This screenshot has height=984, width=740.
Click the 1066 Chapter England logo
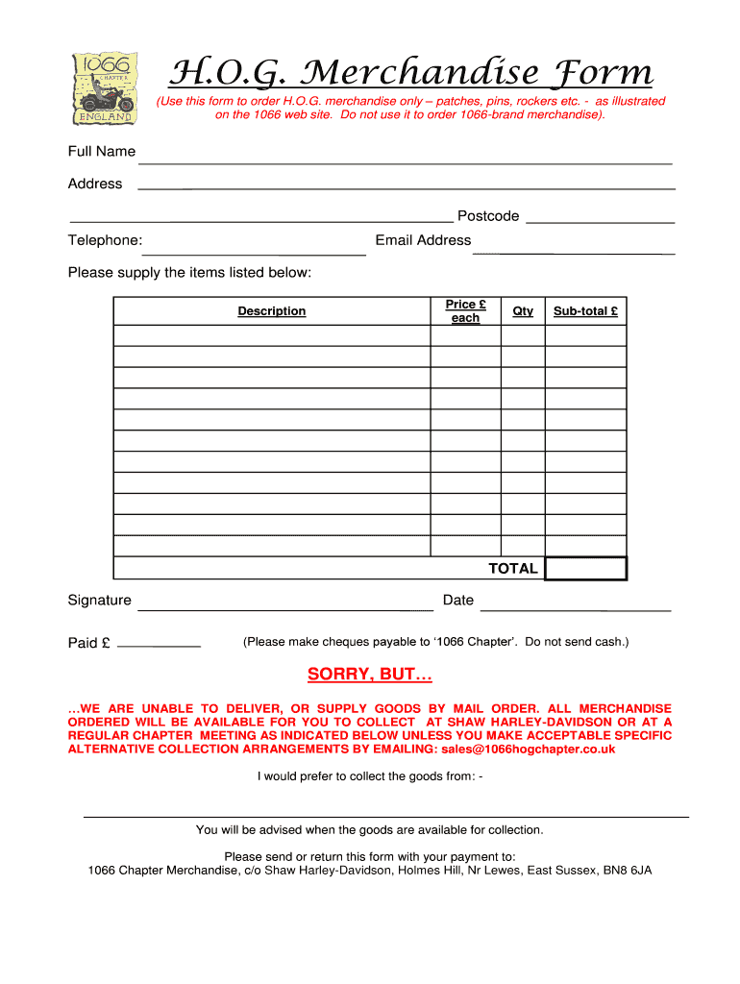106,87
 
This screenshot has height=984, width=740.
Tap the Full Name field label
101,152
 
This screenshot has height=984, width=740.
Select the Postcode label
488,216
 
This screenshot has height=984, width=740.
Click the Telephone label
105,240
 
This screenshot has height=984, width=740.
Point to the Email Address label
423,240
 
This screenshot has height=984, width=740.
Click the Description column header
272,311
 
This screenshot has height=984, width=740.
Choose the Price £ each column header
465,310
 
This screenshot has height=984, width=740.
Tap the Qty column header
523,311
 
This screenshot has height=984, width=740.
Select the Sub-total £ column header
585,311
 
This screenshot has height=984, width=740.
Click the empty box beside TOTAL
585,569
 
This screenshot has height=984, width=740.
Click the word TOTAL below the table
513,569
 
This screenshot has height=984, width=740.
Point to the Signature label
99,601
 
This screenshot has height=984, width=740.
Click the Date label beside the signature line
458,601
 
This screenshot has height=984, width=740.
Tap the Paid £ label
88,643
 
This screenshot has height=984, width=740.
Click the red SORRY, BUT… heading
370,675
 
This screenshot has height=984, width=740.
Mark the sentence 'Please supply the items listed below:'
189,273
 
